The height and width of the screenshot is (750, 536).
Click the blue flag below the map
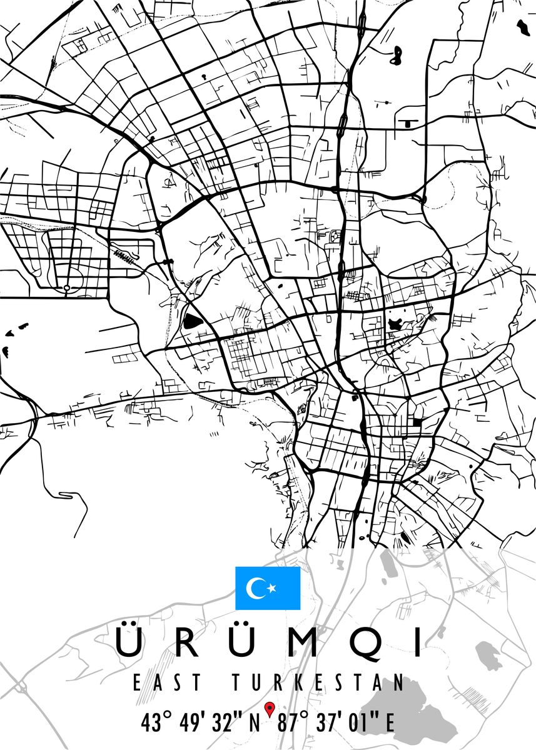click(268, 588)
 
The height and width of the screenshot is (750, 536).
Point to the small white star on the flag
click(271, 588)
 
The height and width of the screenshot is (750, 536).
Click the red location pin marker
click(270, 709)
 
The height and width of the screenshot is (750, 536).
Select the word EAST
click(167, 682)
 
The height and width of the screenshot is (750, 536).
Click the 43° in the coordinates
click(156, 724)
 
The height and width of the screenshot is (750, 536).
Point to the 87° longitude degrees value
click(296, 724)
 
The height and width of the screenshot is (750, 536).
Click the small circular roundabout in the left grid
click(66, 288)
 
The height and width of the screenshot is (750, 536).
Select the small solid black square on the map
click(417, 422)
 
